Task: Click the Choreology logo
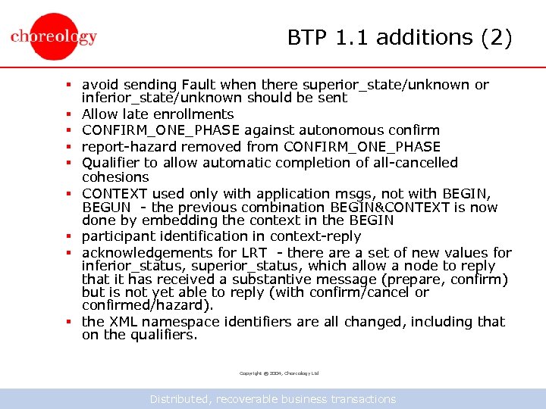tap(54, 36)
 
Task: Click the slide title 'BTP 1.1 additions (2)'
tap(400, 37)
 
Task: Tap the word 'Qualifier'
tap(112, 163)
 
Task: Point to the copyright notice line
tap(279, 373)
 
